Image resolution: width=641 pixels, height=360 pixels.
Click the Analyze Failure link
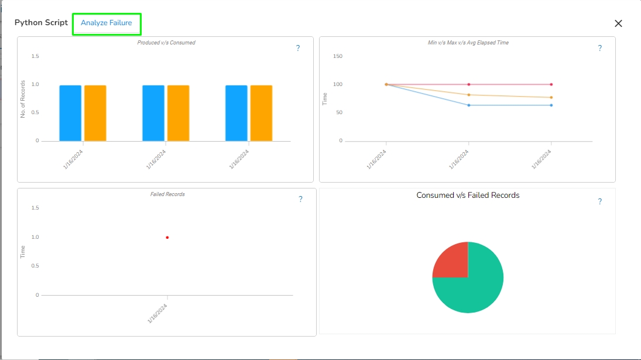point(107,23)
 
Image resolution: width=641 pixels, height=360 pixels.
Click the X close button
point(618,23)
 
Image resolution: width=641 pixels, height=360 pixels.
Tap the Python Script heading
point(41,23)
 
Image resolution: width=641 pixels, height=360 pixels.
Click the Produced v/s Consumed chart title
point(166,43)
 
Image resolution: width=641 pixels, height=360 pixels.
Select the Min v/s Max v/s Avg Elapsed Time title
point(468,43)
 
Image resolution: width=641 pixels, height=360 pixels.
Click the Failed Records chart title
point(167,194)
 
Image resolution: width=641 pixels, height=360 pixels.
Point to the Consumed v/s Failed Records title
point(468,195)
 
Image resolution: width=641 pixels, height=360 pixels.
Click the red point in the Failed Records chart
point(167,237)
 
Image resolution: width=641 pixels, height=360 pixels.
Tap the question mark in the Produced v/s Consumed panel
point(298,49)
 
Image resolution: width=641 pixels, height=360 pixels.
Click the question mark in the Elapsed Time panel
point(599,49)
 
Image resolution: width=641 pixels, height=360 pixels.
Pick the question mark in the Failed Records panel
point(300,200)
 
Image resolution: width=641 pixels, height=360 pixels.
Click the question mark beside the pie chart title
point(599,201)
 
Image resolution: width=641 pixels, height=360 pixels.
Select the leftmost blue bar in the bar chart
point(70,113)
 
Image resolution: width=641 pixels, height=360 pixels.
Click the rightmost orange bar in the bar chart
point(261,113)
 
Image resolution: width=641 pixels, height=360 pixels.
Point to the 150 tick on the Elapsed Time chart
point(338,56)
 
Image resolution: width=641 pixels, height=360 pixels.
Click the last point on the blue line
point(551,105)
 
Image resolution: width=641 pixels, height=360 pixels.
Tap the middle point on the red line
point(469,84)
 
